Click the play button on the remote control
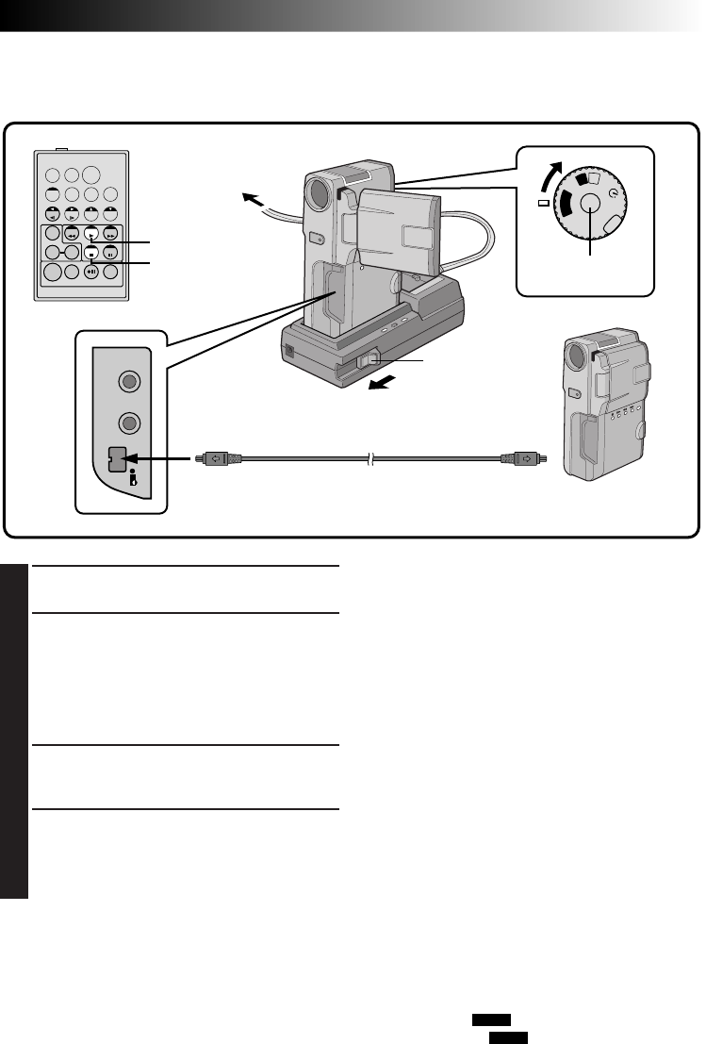[90, 235]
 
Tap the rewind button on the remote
[72, 235]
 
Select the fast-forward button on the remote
[110, 235]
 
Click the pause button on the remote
[110, 253]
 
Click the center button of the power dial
[591, 204]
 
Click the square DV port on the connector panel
[118, 459]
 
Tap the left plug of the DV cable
[219, 459]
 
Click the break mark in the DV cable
[371, 459]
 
